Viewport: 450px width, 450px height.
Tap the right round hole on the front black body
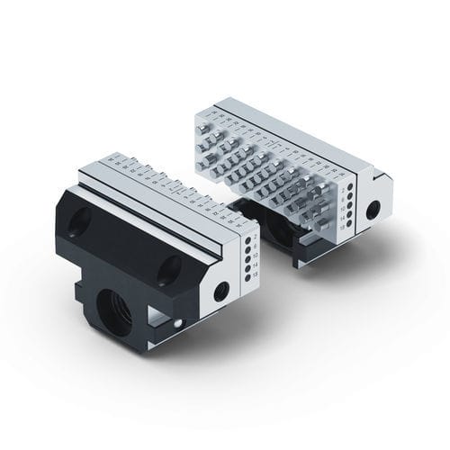170,265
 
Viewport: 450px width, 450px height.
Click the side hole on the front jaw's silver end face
220,291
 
